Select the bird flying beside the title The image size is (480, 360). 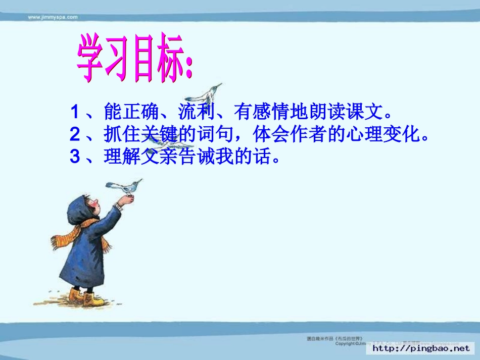(x=205, y=93)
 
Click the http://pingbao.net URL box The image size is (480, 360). (x=420, y=348)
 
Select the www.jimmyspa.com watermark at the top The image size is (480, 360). (x=53, y=17)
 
